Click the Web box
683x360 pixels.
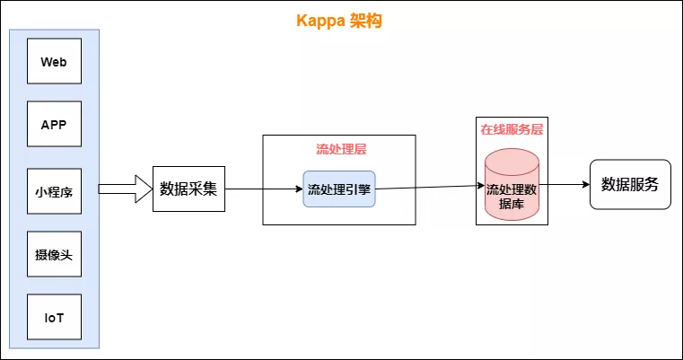coord(54,63)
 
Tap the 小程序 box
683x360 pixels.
coord(54,191)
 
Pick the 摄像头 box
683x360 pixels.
coord(54,255)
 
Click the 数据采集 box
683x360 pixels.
coord(188,189)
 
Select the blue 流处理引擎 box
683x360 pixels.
coord(339,189)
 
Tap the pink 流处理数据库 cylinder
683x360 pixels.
coord(512,190)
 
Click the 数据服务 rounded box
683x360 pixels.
coord(630,185)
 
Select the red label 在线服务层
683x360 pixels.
coord(512,129)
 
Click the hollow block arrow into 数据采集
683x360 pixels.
coord(124,189)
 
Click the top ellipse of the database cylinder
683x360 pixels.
coord(512,162)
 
